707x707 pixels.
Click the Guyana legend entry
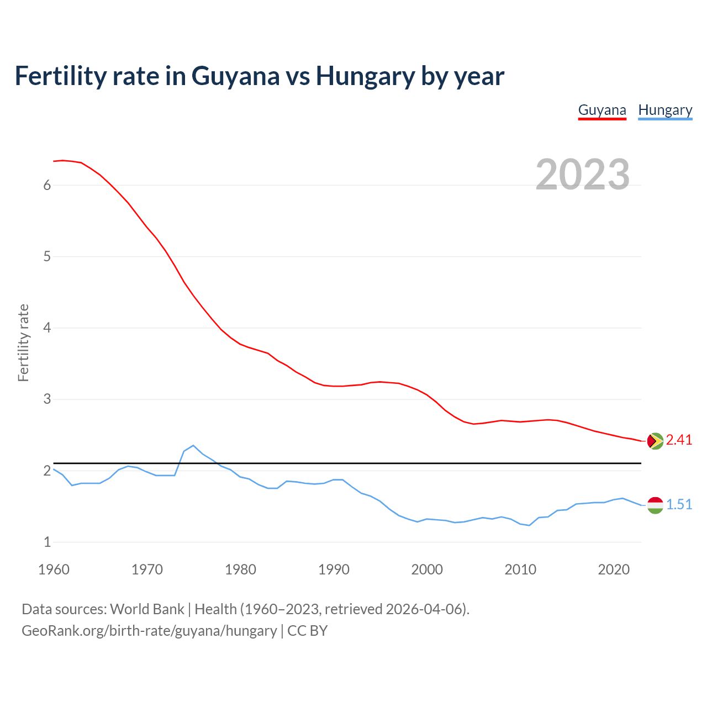[602, 110]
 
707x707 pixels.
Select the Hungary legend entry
[665, 110]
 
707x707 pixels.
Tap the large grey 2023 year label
[583, 175]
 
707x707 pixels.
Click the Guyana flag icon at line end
[655, 441]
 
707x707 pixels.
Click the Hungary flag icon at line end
[655, 505]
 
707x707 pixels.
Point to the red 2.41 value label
[679, 440]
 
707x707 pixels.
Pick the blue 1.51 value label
[679, 504]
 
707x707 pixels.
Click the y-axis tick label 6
[47, 186]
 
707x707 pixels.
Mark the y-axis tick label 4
[47, 328]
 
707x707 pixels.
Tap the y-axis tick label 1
[47, 542]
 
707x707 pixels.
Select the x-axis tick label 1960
[54, 569]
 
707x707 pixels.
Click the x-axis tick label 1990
[334, 569]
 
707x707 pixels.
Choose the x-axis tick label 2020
[614, 569]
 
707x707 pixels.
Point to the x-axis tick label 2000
[427, 569]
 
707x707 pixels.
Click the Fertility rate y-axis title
[23, 342]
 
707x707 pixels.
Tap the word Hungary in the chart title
[365, 76]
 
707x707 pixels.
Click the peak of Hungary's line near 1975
[193, 445]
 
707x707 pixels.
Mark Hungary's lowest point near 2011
[529, 525]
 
